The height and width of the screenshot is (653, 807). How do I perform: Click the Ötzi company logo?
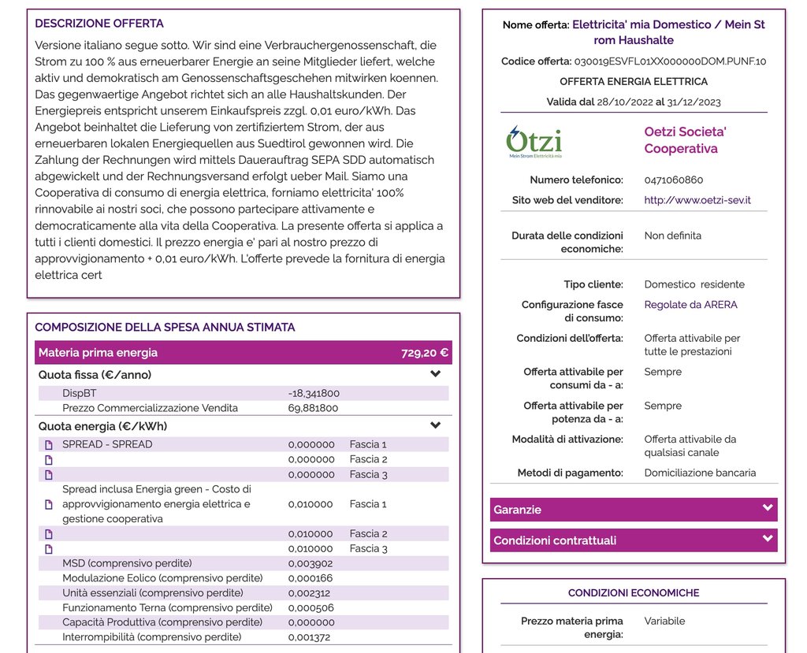[534, 142]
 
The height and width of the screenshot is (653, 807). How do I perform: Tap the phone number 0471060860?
[673, 180]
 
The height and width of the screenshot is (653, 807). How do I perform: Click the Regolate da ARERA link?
[690, 305]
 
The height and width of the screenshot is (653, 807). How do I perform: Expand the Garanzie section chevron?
[768, 509]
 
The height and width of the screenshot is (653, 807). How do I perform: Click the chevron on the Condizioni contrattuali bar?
[768, 540]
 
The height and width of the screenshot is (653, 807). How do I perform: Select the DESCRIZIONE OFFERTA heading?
[99, 24]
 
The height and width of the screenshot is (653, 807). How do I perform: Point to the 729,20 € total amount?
[424, 353]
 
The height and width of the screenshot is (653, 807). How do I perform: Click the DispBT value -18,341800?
[314, 393]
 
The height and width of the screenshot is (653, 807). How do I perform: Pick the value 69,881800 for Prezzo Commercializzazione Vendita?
[313, 408]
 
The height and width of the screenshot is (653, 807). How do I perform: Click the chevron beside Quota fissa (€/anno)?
[435, 374]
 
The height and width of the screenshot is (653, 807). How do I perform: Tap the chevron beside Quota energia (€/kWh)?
[435, 425]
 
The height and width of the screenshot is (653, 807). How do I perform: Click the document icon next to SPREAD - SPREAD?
[49, 445]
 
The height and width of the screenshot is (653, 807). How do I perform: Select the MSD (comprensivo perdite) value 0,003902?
[310, 563]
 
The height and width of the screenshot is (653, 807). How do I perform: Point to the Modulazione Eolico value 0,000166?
[310, 578]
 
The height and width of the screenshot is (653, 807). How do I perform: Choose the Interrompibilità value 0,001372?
[310, 637]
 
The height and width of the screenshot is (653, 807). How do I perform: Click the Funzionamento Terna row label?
[167, 607]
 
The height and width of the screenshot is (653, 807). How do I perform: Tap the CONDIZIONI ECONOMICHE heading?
[634, 593]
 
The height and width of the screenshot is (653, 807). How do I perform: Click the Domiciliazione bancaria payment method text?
[700, 473]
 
